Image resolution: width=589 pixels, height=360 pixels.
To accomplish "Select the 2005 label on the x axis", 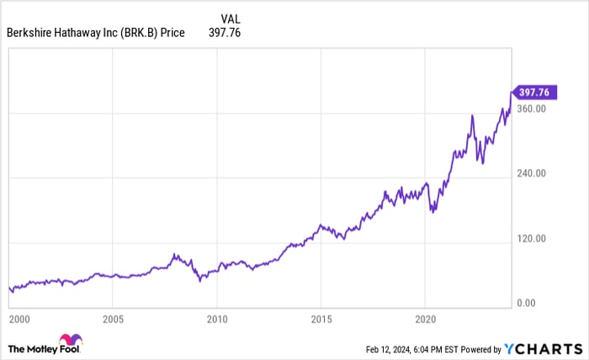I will [x=114, y=320].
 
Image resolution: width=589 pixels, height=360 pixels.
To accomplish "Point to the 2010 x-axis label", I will [x=217, y=320].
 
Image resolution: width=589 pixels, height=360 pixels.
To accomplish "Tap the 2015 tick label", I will [x=321, y=320].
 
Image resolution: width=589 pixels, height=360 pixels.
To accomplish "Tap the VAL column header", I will [x=230, y=19].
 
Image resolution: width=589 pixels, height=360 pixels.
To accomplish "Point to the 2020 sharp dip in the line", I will [x=432, y=211].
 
